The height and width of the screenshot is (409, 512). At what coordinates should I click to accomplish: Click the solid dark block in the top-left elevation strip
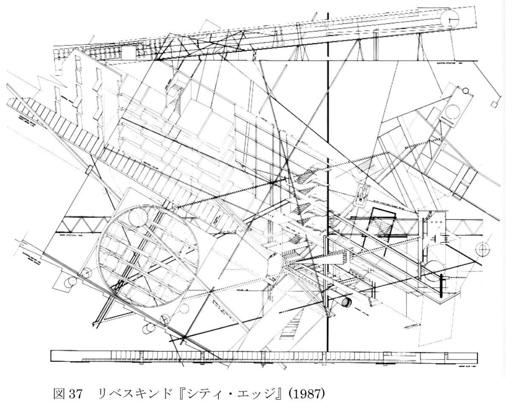click(128, 53)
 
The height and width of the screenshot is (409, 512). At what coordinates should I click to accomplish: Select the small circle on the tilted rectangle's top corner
click(465, 91)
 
